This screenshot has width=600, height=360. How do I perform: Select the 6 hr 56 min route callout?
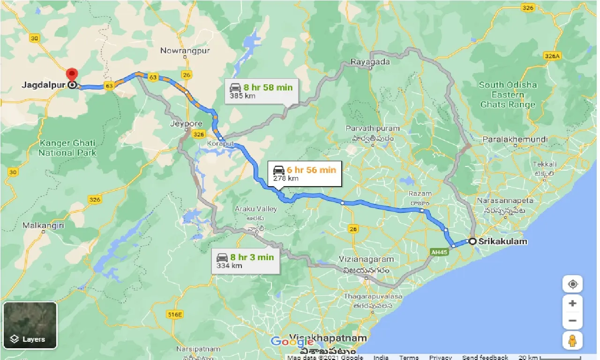click(305, 173)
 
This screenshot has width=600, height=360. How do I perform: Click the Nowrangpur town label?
click(185, 50)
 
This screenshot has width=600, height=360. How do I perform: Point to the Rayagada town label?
click(370, 61)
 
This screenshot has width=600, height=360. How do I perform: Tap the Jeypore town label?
click(187, 124)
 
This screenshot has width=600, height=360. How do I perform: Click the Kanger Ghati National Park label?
click(67, 148)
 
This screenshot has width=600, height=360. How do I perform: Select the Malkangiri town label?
click(43, 225)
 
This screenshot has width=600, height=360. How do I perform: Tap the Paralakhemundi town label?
click(514, 139)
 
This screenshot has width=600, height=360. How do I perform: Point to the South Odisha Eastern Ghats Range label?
click(508, 95)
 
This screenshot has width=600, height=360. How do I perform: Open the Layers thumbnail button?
click(30, 325)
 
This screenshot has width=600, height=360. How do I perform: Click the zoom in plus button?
click(572, 303)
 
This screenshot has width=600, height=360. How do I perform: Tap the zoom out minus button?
click(572, 321)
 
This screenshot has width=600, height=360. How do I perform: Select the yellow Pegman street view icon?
click(572, 341)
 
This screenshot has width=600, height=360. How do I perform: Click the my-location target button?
click(572, 284)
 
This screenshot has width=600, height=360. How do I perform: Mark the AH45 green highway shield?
click(437, 252)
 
